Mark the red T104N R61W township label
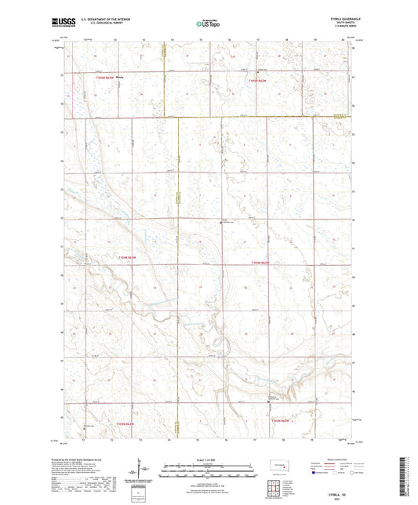(x=260, y=262)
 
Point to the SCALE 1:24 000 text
(x=208, y=460)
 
